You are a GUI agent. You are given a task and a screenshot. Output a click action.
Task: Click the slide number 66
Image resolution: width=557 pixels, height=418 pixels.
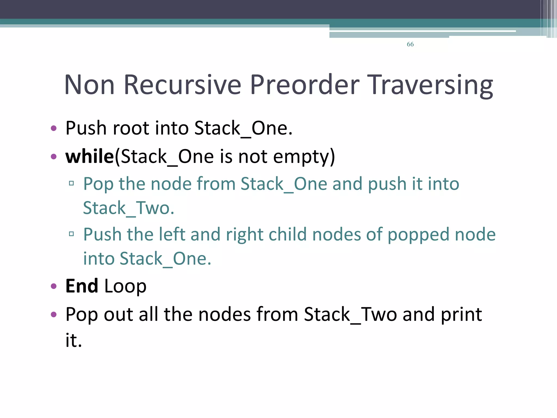410,44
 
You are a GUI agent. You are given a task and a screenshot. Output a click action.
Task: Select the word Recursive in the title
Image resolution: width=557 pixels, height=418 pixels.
182,85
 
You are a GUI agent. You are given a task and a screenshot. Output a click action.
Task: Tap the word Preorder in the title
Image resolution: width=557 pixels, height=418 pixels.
305,85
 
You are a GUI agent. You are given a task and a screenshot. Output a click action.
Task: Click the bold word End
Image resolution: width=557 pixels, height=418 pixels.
82,286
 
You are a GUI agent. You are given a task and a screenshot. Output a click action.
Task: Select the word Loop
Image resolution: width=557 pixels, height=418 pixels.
125,287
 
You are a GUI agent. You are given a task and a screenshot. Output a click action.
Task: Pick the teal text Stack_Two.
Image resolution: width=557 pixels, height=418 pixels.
128,208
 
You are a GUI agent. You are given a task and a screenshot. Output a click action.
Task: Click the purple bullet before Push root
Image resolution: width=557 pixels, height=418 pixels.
54,128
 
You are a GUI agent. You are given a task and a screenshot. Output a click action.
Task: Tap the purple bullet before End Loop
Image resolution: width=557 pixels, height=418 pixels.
54,286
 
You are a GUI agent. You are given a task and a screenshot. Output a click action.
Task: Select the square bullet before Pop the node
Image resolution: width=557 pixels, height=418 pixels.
71,183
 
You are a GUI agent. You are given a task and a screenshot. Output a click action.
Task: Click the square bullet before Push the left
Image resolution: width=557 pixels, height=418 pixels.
71,234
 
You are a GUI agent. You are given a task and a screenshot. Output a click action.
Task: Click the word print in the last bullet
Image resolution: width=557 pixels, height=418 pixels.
461,315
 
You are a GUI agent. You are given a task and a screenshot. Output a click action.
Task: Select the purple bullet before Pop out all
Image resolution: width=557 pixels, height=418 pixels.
54,315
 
